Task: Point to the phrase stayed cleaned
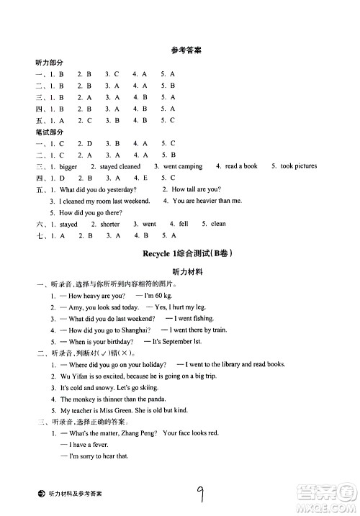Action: point(120,166)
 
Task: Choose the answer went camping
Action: point(183,166)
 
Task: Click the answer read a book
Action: point(241,166)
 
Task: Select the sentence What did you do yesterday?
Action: point(98,189)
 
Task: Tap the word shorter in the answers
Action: point(109,224)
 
